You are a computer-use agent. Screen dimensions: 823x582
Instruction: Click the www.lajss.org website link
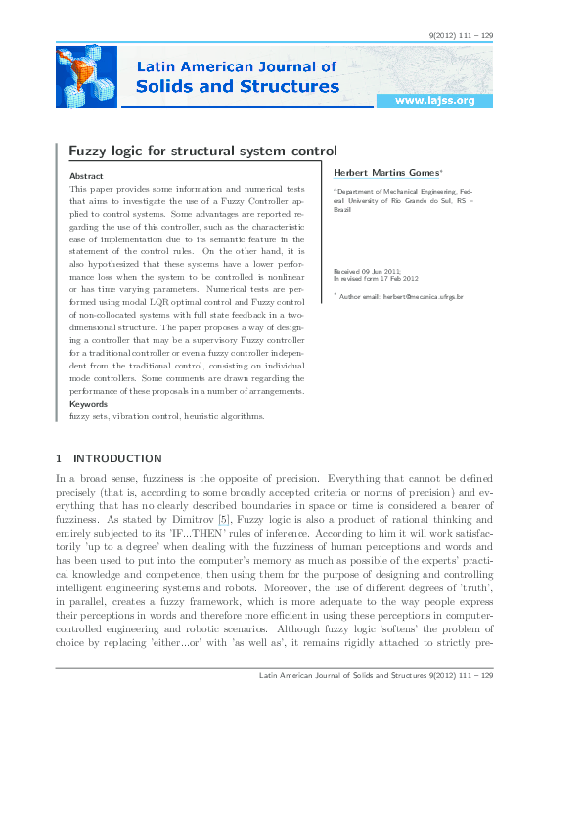(x=433, y=101)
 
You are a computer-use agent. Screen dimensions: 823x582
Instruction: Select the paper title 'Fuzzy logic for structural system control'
(x=202, y=151)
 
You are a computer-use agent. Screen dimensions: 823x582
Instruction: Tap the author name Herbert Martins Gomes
(x=387, y=172)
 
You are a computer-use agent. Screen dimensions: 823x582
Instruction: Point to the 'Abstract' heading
(x=87, y=175)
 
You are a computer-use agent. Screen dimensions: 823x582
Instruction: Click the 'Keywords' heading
(x=89, y=404)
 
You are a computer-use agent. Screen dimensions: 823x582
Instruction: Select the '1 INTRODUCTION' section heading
(x=109, y=457)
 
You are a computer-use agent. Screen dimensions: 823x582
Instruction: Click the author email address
(x=401, y=295)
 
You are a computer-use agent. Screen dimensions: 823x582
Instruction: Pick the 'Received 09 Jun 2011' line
(x=367, y=270)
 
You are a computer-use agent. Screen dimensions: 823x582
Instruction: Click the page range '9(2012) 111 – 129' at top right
(x=461, y=36)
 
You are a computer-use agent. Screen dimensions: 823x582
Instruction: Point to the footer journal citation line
(x=375, y=675)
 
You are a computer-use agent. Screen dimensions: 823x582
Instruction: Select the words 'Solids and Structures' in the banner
(x=237, y=87)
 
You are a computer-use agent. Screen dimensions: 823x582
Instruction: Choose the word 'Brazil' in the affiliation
(x=342, y=210)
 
